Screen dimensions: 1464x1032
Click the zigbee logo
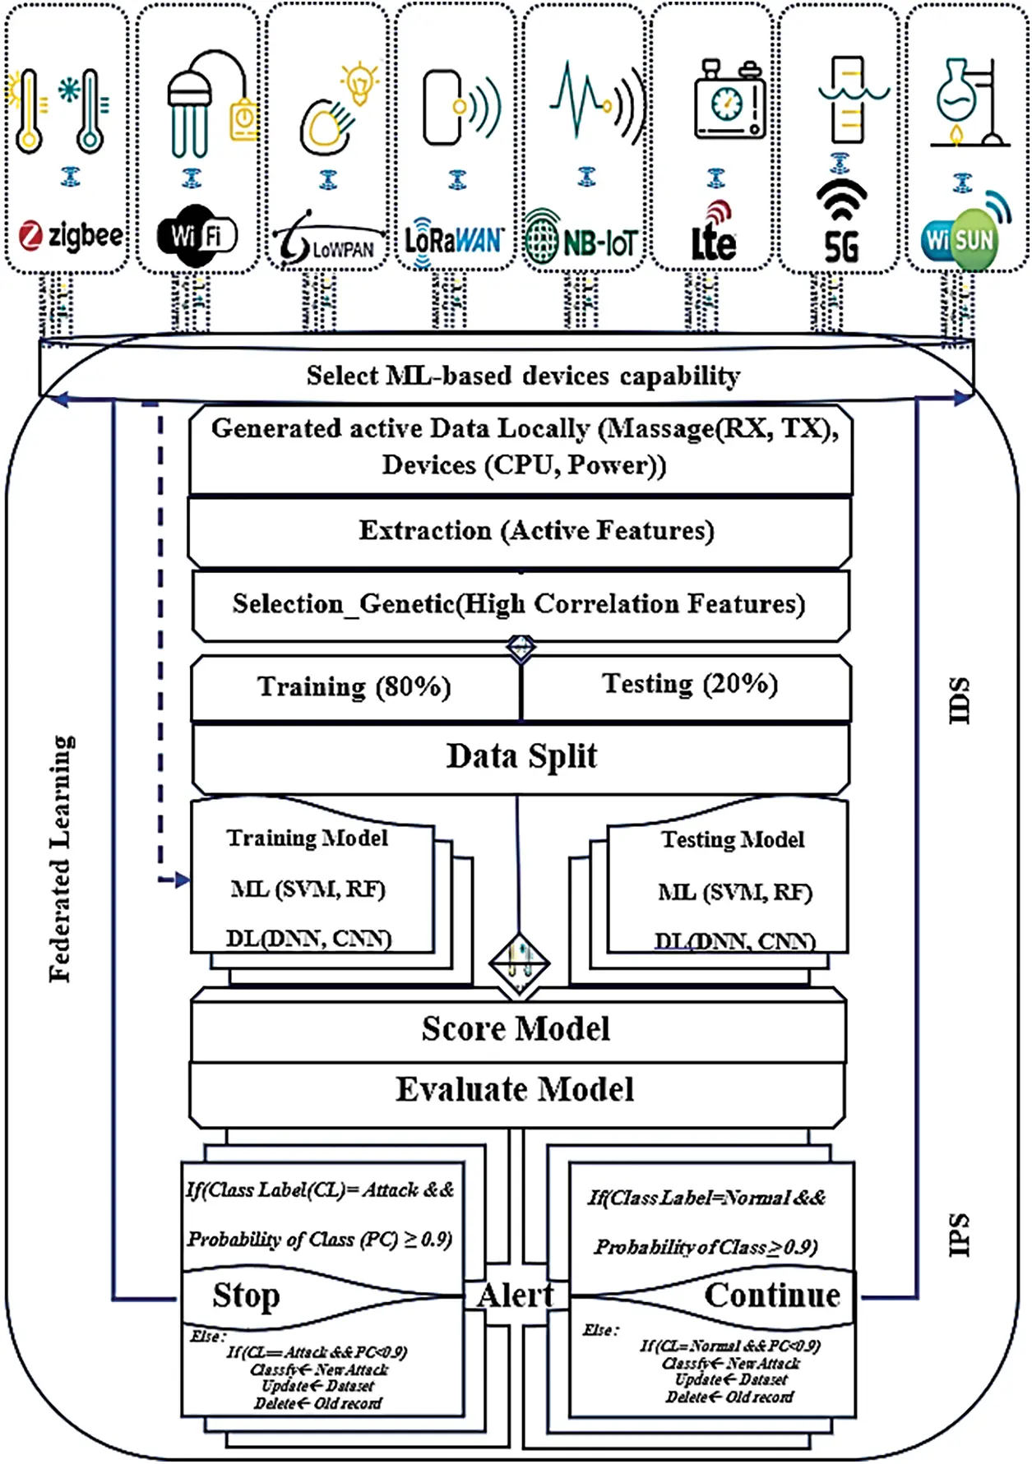click(72, 236)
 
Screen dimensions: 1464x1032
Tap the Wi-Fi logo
click(197, 237)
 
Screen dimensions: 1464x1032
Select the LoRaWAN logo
click(454, 241)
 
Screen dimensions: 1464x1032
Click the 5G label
click(841, 247)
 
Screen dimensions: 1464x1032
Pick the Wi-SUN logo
click(960, 239)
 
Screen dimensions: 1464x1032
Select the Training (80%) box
click(354, 687)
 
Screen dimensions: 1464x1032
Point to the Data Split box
click(521, 757)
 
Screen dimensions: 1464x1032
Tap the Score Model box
click(516, 1029)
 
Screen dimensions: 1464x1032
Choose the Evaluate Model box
click(516, 1091)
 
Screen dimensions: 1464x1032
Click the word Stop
click(247, 1296)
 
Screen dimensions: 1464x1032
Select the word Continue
click(772, 1296)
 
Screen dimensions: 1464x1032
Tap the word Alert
click(516, 1296)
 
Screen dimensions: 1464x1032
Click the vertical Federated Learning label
click(60, 858)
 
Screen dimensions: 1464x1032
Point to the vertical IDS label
click(959, 701)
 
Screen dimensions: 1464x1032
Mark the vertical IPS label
click(959, 1235)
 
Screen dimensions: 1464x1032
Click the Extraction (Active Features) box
click(536, 531)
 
